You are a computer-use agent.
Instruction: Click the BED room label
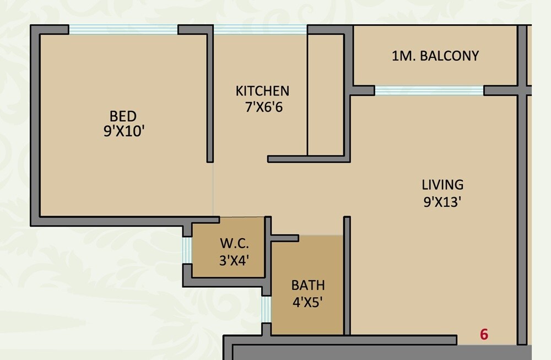pos(123,116)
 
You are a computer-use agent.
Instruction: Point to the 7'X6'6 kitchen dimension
pos(263,107)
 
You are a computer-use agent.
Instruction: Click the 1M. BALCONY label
pos(435,56)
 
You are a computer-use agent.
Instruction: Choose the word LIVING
pos(442,185)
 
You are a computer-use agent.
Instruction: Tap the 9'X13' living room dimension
pos(442,201)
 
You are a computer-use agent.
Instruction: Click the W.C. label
pos(235,243)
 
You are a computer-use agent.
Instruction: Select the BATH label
pos(308,286)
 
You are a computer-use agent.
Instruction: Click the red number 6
pos(484,335)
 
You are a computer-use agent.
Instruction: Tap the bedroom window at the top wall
pos(123,30)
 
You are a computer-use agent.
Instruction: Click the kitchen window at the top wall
pos(260,30)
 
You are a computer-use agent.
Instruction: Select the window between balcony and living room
pos(429,90)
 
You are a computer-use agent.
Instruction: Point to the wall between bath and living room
pos(347,276)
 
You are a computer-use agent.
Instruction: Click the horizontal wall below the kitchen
pos(309,159)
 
